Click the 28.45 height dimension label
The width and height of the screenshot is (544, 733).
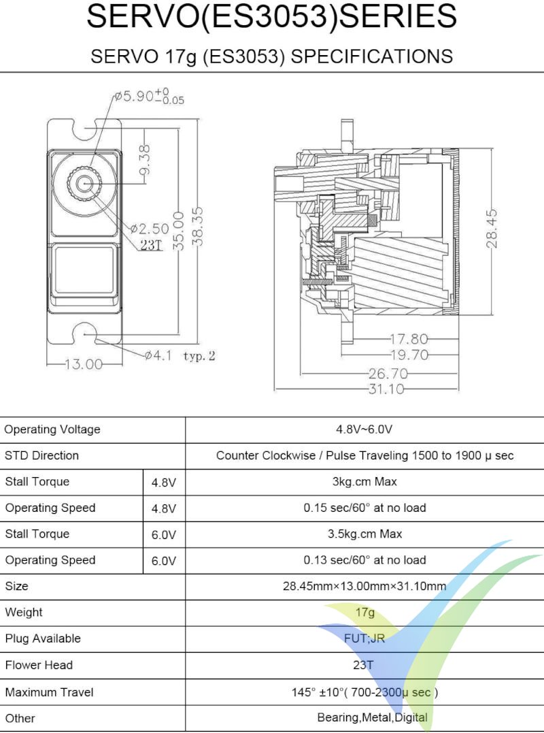coord(493,228)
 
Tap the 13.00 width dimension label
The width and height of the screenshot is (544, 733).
coord(83,364)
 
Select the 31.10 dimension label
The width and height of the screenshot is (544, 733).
coord(386,389)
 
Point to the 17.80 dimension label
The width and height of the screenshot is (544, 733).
coord(408,338)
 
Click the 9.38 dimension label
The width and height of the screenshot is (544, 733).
coord(145,159)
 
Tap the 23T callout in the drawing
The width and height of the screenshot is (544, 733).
coord(151,245)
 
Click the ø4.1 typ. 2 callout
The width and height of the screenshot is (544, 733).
coord(180,355)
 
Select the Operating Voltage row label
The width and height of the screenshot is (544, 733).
coord(52,429)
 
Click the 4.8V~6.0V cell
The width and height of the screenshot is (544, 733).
coord(364,429)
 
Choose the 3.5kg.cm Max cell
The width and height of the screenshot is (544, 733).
coord(364,534)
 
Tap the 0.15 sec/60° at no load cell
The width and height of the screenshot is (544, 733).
coord(364,508)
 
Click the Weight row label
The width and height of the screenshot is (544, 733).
coord(24,613)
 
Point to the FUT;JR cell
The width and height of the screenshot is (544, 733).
coord(364,638)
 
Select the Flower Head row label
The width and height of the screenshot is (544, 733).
coord(39,665)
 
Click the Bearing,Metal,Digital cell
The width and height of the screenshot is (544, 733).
coord(372,718)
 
